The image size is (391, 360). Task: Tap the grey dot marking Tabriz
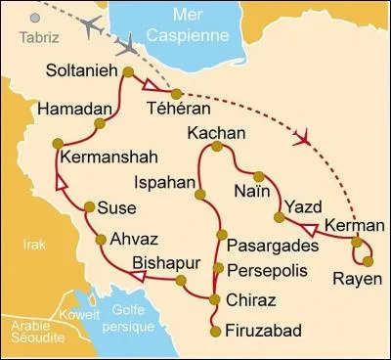(x=36, y=18)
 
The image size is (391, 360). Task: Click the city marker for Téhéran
(x=176, y=94)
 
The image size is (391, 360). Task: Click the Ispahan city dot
(x=199, y=196)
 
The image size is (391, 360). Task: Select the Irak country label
(x=34, y=244)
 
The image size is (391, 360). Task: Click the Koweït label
(x=80, y=315)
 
